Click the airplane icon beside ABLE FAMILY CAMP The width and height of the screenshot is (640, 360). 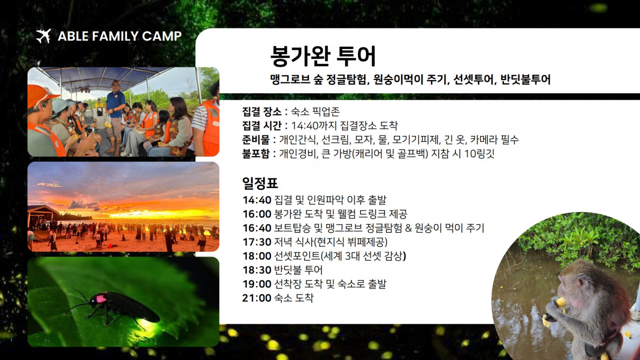click(43, 36)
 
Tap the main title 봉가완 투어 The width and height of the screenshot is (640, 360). click(323, 56)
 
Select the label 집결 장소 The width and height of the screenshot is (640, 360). click(262, 111)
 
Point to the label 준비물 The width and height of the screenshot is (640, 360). click(255, 140)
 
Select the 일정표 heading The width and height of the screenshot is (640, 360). click(260, 183)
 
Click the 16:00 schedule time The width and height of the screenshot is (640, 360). click(257, 214)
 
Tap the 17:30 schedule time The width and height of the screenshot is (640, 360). click(257, 242)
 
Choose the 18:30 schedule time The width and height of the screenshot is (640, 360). click(257, 270)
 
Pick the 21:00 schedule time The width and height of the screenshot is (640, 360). click(257, 298)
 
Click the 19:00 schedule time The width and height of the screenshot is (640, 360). click(257, 284)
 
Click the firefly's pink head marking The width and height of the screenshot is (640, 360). click(101, 299)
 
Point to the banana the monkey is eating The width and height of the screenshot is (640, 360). click(561, 302)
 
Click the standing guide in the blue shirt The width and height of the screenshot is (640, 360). click(115, 117)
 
